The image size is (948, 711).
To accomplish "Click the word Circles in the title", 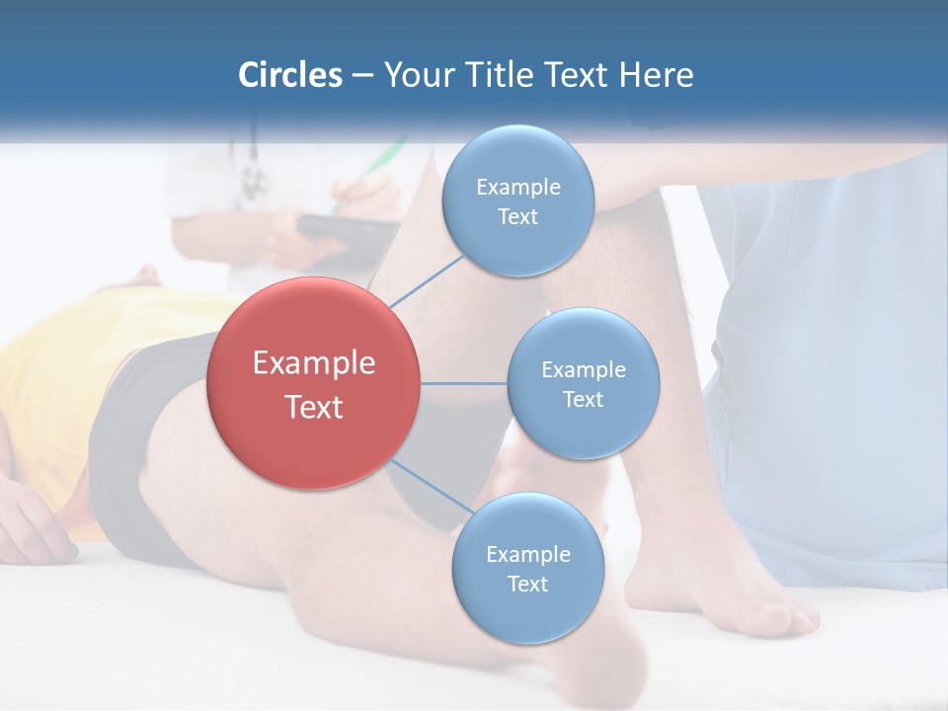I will click(289, 75).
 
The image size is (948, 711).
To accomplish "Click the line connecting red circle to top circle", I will click(426, 280).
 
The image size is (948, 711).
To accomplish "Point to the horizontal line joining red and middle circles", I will click(463, 383).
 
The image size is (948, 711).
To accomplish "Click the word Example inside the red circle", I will click(313, 363).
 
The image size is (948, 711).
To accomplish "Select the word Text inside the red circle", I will click(313, 407).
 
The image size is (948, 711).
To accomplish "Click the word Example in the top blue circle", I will click(517, 187).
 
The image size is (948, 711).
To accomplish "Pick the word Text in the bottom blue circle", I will click(527, 584).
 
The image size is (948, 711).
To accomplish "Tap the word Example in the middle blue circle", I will click(583, 369).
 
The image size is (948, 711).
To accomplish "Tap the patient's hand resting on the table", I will click(35, 528).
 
